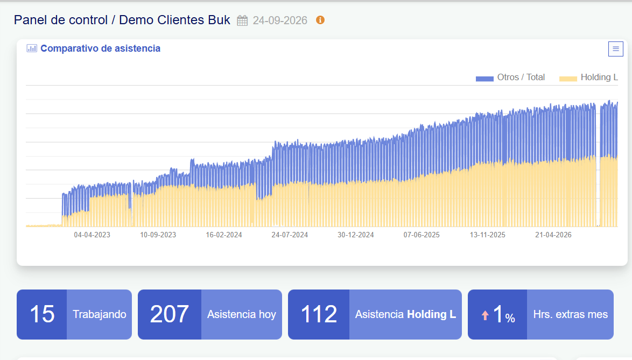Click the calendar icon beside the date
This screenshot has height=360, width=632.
tap(242, 20)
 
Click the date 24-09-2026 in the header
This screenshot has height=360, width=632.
tap(280, 20)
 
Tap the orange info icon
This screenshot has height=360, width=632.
tap(320, 20)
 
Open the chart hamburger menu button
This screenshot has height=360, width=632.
tap(615, 49)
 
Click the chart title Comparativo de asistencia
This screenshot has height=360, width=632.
tap(100, 48)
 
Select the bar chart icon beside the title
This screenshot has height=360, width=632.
tap(31, 48)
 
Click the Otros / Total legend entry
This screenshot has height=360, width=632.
tap(510, 77)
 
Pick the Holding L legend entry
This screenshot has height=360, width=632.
tap(588, 77)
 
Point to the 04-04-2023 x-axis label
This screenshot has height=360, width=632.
tap(92, 235)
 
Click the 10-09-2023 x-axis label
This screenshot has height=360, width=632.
tap(158, 235)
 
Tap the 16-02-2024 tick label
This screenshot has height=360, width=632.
tap(224, 235)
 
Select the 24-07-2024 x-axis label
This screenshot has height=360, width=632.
tap(290, 235)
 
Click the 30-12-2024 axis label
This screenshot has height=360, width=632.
tap(355, 235)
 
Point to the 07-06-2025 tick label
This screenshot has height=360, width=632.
tap(422, 235)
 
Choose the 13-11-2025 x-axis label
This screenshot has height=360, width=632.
tap(487, 235)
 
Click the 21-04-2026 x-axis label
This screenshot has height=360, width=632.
tap(553, 235)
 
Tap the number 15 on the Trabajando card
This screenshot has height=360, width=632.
tap(42, 314)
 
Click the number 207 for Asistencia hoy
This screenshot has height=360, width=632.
tap(169, 314)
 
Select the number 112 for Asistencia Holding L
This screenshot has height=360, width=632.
tap(319, 314)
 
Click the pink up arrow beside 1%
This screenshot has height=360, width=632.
tap(485, 315)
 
